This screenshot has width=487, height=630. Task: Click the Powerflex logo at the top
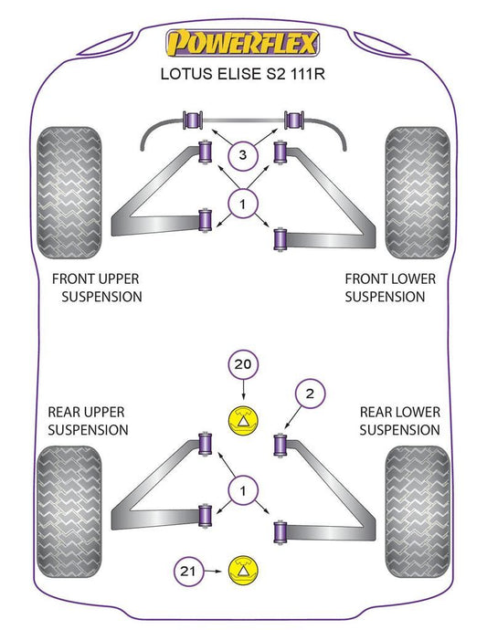242,43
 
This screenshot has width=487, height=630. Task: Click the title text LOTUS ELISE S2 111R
242,74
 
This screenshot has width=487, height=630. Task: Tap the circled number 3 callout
242,154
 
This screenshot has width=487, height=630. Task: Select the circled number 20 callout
242,364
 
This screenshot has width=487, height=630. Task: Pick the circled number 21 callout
188,571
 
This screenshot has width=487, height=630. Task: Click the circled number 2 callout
310,394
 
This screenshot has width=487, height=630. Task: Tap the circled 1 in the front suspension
242,205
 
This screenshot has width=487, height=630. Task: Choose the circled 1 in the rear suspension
242,490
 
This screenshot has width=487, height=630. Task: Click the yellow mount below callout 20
242,420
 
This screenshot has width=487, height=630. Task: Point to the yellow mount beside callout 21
242,571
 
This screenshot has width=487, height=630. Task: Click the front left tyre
69,193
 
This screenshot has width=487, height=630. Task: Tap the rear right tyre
418,511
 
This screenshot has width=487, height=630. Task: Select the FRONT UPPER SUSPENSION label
97,288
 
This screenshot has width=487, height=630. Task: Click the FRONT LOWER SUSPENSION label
390,288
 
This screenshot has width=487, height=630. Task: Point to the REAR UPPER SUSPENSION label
88,421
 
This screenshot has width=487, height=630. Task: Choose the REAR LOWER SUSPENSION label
399,421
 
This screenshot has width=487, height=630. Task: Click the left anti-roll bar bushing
193,121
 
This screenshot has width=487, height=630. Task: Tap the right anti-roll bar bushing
294,121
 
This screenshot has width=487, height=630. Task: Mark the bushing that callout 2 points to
280,445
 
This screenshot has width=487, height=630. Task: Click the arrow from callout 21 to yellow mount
212,571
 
